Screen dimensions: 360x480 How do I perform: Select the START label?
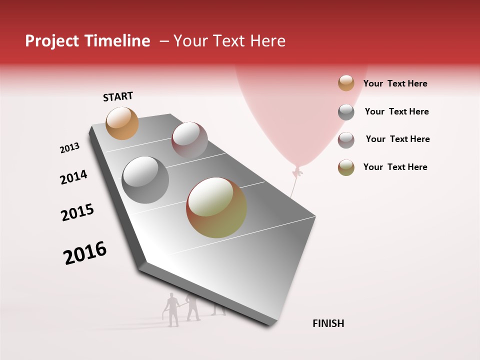click(x=118, y=96)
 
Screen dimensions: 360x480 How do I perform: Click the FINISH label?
click(x=328, y=323)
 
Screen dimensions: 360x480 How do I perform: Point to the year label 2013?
click(x=69, y=148)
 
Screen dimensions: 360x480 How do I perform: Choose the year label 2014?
click(x=73, y=177)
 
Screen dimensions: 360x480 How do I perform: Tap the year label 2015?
click(x=77, y=212)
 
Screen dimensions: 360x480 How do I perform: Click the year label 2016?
click(x=85, y=253)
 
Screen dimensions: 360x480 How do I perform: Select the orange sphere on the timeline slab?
click(x=122, y=123)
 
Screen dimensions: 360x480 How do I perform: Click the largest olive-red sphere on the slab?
click(x=216, y=207)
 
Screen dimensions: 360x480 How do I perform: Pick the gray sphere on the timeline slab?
click(x=145, y=180)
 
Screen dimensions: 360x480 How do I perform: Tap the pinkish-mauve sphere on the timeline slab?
click(x=189, y=140)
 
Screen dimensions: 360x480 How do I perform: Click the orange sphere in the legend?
click(x=346, y=83)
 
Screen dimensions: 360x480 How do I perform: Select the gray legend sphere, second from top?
click(x=346, y=111)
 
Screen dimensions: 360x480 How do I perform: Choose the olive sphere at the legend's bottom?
click(x=346, y=167)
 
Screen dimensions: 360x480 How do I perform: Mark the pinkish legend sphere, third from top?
click(x=346, y=139)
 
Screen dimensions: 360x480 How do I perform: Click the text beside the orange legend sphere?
click(x=395, y=83)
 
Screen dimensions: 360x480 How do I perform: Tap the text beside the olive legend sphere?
click(x=395, y=167)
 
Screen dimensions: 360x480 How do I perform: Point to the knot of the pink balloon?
click(x=298, y=172)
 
